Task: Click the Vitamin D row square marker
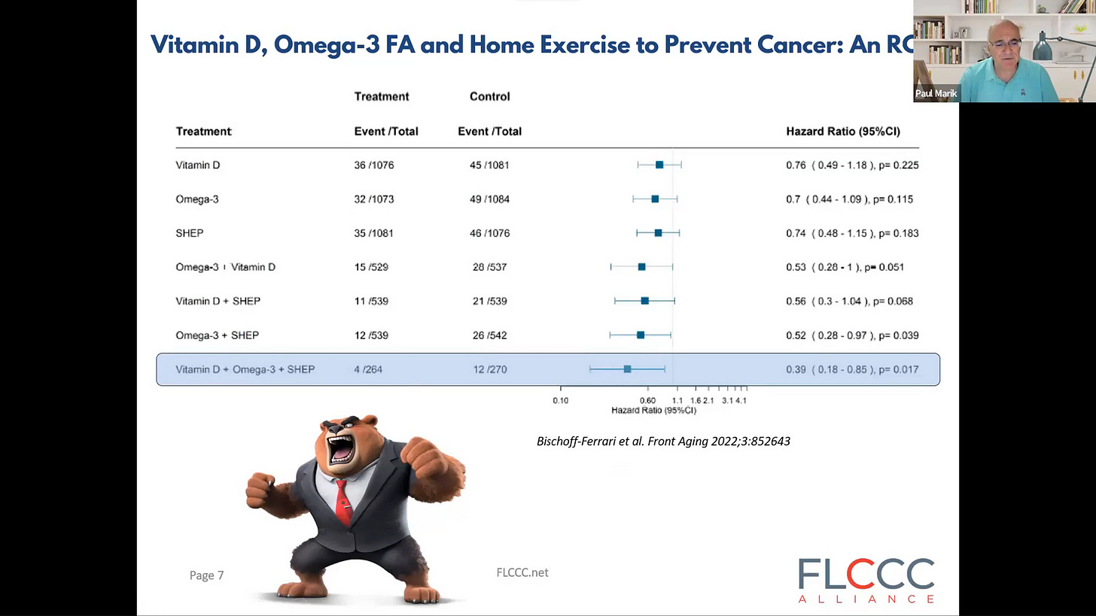[x=659, y=165]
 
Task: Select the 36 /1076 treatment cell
[x=374, y=165]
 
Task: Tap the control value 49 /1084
[x=489, y=199]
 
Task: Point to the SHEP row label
[x=190, y=233]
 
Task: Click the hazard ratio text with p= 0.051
[x=845, y=267]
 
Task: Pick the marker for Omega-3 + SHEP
[x=641, y=335]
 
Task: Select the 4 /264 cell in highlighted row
[x=368, y=369]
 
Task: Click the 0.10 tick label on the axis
[x=561, y=400]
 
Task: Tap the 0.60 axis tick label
[x=647, y=400]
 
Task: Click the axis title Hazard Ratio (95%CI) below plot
[x=653, y=410]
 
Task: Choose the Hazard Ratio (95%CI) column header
[x=843, y=131]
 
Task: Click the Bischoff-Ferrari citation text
[x=663, y=442]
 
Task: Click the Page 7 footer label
[x=206, y=575]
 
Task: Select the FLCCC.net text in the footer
[x=522, y=572]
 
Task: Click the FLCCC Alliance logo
[x=866, y=581]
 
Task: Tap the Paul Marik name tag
[x=936, y=93]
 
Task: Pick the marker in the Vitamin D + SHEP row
[x=645, y=301]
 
